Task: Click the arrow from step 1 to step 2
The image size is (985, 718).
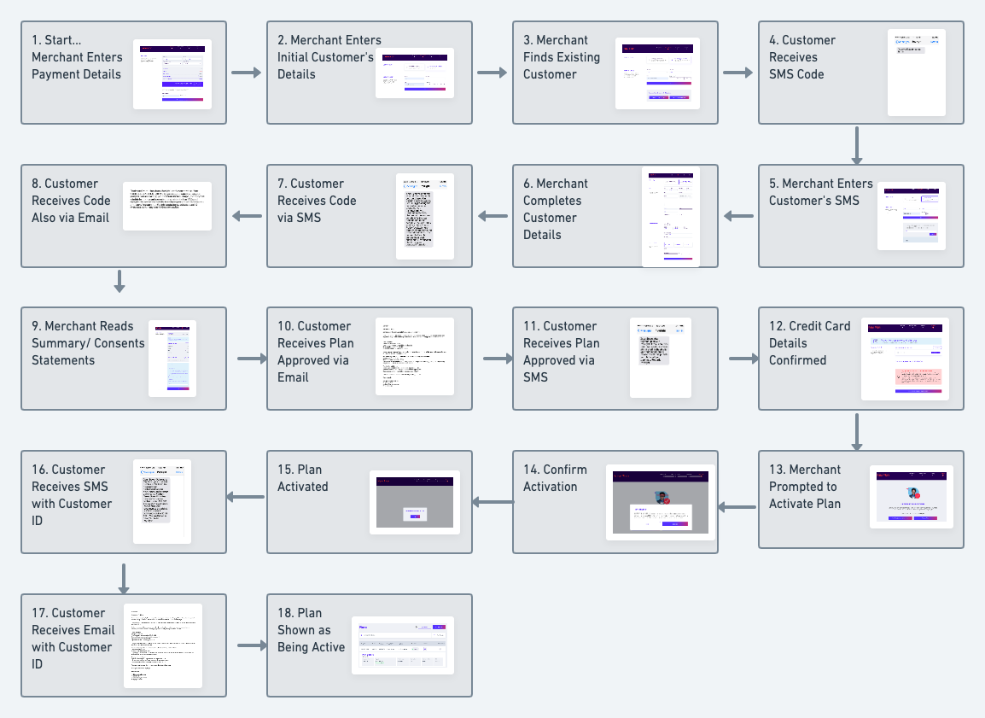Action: click(x=246, y=73)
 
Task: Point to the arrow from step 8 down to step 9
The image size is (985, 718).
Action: click(x=119, y=281)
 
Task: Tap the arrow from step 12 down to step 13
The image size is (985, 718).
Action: click(x=858, y=431)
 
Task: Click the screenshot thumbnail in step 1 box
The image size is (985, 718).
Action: click(x=172, y=73)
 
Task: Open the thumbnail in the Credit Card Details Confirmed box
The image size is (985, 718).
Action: click(x=905, y=359)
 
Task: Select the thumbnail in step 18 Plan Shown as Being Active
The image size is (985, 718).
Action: click(x=403, y=646)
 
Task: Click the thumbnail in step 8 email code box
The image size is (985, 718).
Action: click(x=167, y=206)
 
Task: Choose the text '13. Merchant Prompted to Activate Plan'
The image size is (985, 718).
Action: click(x=805, y=487)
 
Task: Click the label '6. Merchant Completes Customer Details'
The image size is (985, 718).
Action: click(x=556, y=209)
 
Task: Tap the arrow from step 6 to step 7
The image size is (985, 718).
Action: click(x=492, y=216)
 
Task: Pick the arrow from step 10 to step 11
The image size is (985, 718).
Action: click(x=498, y=359)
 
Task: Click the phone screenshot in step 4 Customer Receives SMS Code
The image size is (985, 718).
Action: click(x=917, y=73)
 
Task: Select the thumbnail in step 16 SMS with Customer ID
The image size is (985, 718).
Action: click(x=162, y=502)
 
